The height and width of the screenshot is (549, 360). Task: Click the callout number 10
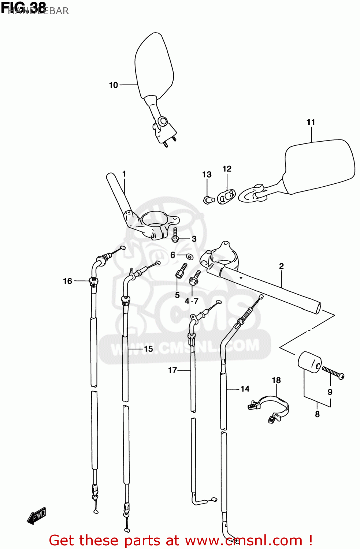click(x=113, y=85)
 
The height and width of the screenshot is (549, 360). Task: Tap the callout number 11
click(x=311, y=122)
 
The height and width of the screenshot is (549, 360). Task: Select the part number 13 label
click(x=207, y=175)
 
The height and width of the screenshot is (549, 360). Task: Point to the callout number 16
click(x=67, y=281)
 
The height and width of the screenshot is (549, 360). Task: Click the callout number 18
click(x=276, y=381)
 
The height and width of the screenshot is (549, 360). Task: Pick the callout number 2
click(x=281, y=266)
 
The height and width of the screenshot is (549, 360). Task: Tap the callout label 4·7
click(x=192, y=301)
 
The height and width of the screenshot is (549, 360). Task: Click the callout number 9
click(x=330, y=392)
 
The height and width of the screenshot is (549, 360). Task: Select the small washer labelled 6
click(x=189, y=256)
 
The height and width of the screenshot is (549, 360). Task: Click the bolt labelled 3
click(x=175, y=235)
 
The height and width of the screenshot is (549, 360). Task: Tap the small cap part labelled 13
click(x=208, y=200)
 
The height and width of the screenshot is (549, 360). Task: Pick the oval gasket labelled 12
click(x=226, y=197)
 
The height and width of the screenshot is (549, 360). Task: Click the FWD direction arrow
click(x=37, y=515)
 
